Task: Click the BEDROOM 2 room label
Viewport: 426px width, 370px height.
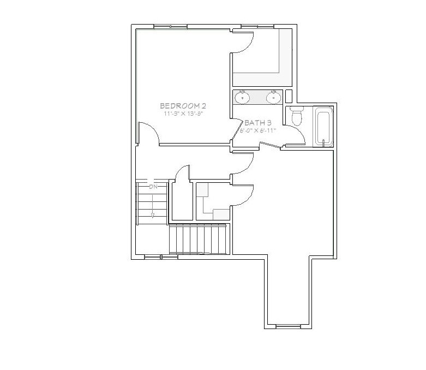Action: [x=183, y=106]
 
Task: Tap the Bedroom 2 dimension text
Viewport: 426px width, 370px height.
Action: [x=183, y=114]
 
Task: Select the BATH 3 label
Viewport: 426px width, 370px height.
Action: [x=258, y=123]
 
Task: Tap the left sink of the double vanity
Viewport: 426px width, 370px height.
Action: [x=243, y=98]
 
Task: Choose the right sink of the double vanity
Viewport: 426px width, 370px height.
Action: [x=273, y=98]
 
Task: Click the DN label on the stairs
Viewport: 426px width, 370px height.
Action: [x=153, y=187]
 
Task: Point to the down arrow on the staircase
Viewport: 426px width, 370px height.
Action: [x=153, y=215]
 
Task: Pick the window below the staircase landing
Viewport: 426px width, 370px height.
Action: [x=153, y=256]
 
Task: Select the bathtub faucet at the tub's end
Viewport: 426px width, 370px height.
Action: [x=326, y=142]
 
